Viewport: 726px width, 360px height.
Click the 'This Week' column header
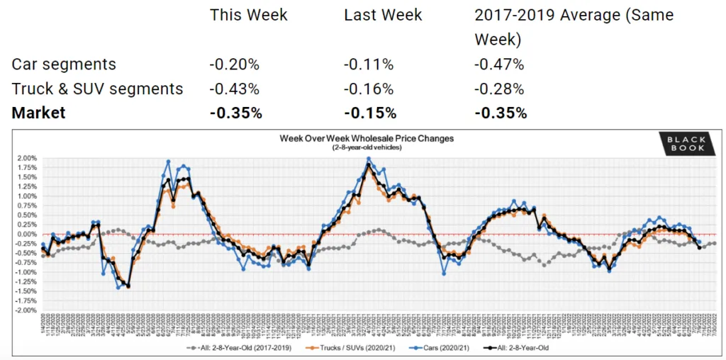[x=248, y=15]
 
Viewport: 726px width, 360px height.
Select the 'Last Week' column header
[x=383, y=15]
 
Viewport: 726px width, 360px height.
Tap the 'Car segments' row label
[x=64, y=64]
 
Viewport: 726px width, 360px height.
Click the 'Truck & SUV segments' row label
[x=97, y=89]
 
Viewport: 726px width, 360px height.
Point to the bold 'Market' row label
[x=38, y=113]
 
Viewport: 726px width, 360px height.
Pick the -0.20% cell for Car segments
[x=234, y=64]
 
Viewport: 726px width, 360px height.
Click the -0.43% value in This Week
[x=234, y=89]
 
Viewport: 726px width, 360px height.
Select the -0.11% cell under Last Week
[x=369, y=64]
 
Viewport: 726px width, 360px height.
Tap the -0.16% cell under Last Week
[x=369, y=89]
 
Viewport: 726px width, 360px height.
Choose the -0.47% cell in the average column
[x=500, y=64]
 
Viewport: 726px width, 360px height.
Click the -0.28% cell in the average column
[x=500, y=89]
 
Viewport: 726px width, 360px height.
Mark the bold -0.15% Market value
[x=370, y=113]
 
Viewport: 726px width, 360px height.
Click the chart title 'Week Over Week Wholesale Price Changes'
[x=367, y=138]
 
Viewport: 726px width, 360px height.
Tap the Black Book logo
[x=686, y=144]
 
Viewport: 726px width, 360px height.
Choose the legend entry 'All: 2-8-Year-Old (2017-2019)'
[x=239, y=349]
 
